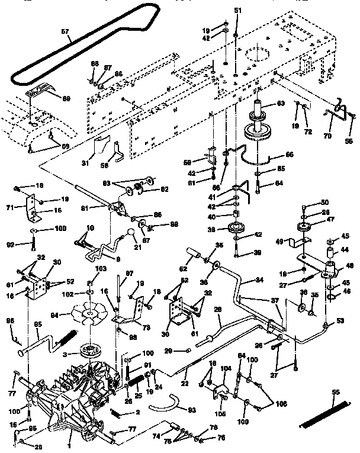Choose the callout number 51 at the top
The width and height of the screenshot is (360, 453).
pos(238,11)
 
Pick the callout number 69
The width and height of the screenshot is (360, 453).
pos(66,98)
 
